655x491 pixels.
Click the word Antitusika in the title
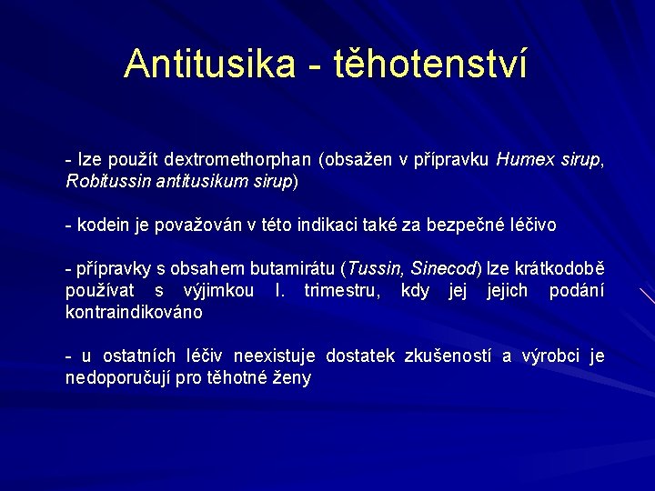point(210,64)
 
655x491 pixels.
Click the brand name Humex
point(526,160)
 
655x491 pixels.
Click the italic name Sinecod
point(444,269)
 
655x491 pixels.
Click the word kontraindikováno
point(134,312)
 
